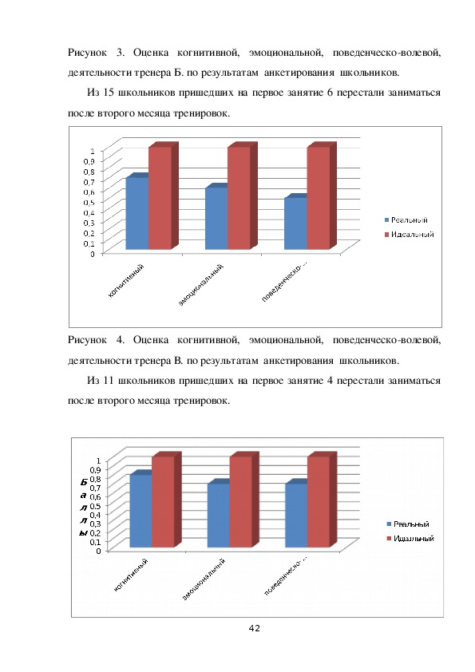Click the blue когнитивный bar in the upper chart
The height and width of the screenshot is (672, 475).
[x=137, y=213]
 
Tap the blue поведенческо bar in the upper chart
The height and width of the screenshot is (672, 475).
[x=295, y=223]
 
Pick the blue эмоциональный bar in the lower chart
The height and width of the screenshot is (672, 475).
[x=219, y=516]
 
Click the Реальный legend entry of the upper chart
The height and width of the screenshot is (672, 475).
[x=406, y=219]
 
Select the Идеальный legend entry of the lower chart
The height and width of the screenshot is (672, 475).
[x=410, y=538]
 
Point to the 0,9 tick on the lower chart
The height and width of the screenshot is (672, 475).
[x=95, y=468]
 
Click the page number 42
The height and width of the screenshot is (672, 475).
[x=254, y=628]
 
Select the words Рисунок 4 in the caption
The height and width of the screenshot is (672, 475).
[x=96, y=340]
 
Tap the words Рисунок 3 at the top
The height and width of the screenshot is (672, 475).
[x=96, y=53]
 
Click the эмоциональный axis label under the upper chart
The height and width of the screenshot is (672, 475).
[x=201, y=285]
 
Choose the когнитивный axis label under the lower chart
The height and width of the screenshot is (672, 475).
[x=131, y=575]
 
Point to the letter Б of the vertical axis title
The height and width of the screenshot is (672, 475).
[x=84, y=482]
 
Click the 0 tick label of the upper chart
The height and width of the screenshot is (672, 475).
[x=92, y=253]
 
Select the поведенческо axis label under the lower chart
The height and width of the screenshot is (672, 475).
[x=286, y=575]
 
